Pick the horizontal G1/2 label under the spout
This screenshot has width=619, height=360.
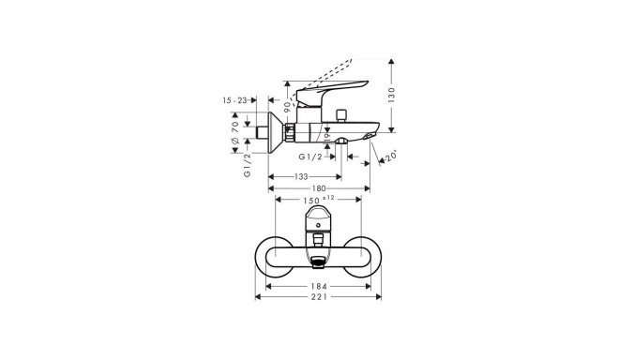(310, 157)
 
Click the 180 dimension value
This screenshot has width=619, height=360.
(320, 187)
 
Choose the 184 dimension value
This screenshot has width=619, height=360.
(320, 287)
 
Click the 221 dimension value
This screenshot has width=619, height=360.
(320, 300)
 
